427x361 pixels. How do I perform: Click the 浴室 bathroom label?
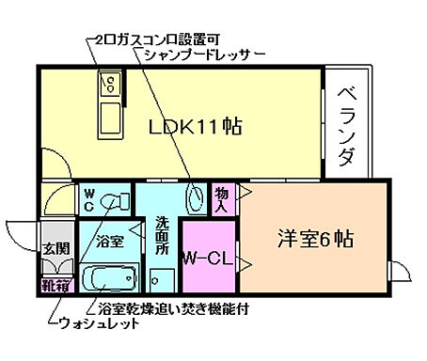coord(110,241)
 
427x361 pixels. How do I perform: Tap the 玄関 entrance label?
coord(55,248)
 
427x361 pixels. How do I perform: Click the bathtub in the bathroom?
coord(112,279)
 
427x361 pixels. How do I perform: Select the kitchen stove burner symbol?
coord(108,87)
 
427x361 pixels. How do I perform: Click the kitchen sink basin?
coord(109,118)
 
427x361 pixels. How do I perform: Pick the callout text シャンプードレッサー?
coord(197,54)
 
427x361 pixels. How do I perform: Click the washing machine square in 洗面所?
coord(161,280)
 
